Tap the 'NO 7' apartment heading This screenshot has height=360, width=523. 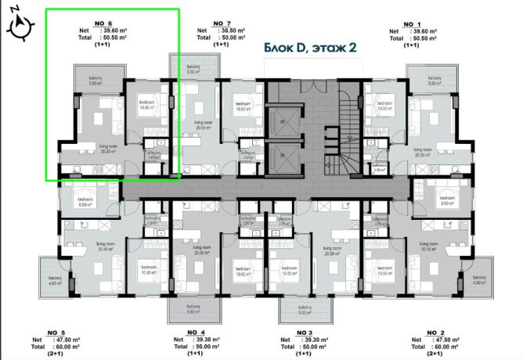tap(222, 23)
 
